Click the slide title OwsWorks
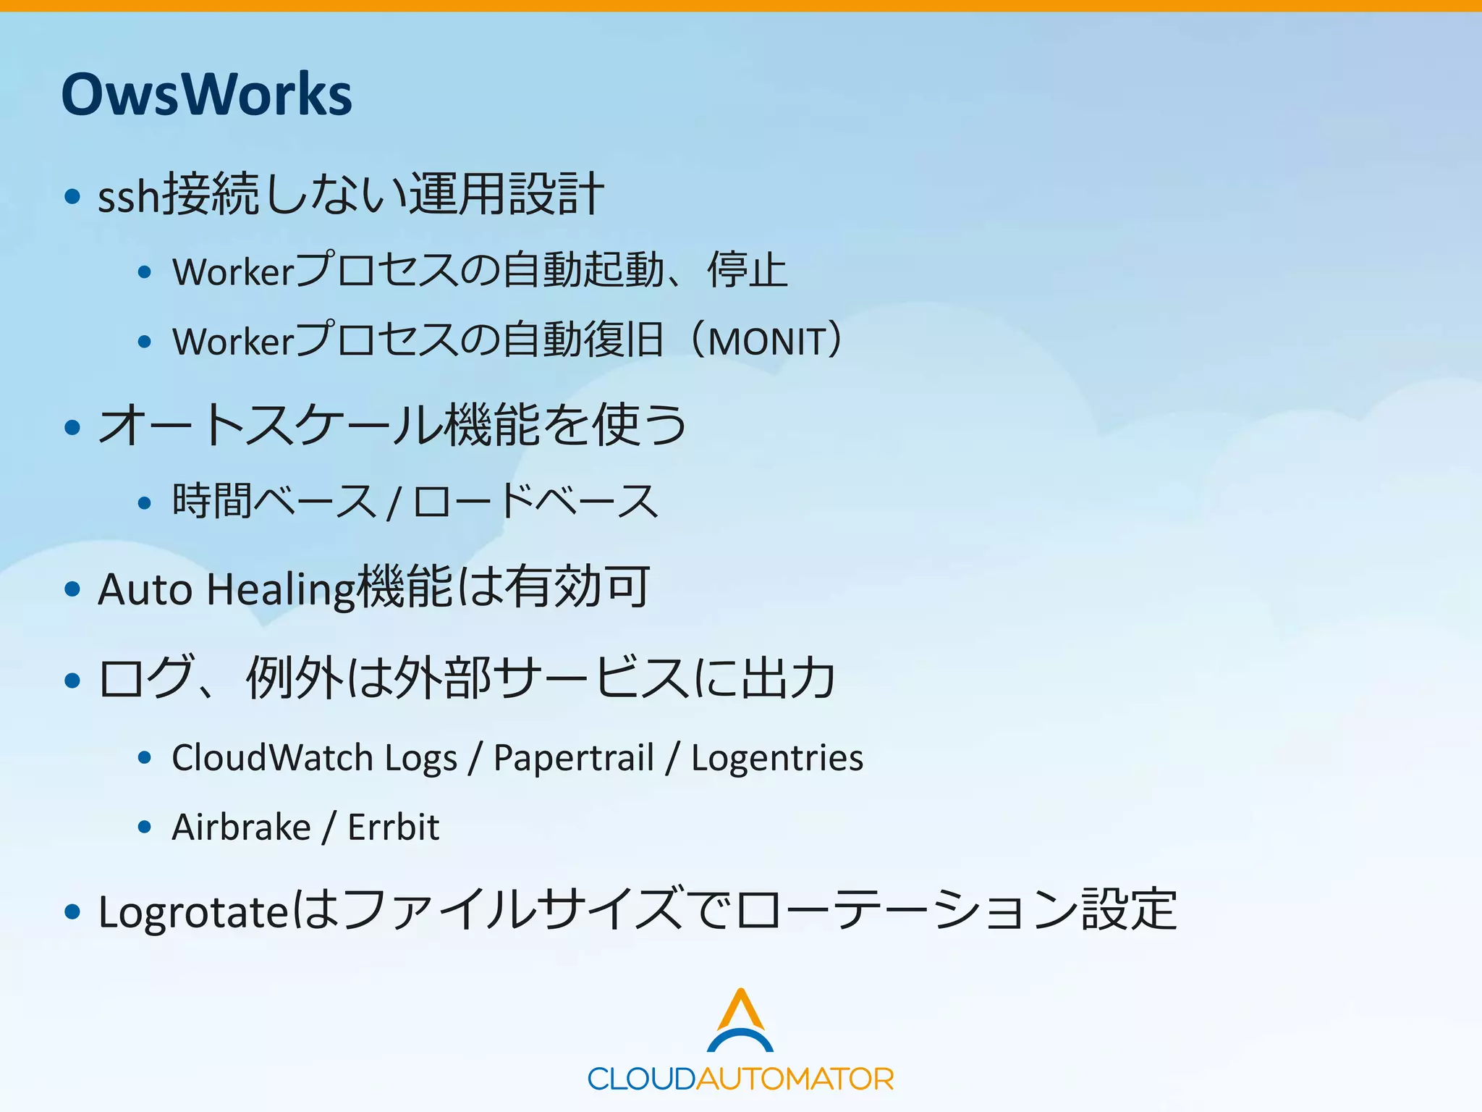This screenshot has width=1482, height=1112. tap(206, 94)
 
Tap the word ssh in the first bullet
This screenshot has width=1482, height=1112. tap(128, 196)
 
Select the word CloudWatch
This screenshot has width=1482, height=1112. tap(272, 757)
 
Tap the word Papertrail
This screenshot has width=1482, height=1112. tap(573, 759)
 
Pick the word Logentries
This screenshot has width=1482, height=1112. tap(776, 759)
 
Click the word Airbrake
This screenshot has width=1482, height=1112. tap(241, 827)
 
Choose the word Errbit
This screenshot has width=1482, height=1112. tap(393, 827)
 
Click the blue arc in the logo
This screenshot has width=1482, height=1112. tap(740, 1040)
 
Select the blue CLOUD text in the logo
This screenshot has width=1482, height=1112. tap(641, 1079)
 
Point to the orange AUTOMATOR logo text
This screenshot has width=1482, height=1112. tap(795, 1079)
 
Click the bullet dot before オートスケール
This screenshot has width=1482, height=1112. tap(72, 426)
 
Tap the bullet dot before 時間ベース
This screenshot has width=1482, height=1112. tap(145, 502)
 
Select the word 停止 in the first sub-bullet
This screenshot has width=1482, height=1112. tap(747, 271)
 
